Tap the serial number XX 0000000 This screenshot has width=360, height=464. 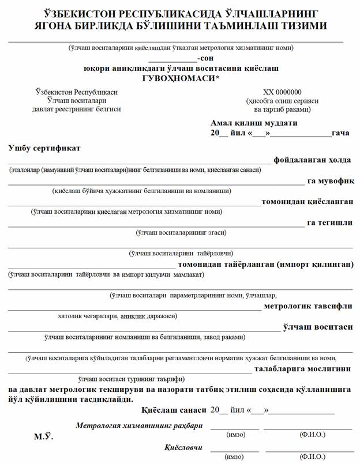tap(282, 92)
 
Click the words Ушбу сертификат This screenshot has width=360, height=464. tap(44, 148)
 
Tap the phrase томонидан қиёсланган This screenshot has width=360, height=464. tap(307, 202)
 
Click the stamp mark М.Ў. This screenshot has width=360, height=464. tap(44, 437)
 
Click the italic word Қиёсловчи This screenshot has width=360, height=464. tap(183, 447)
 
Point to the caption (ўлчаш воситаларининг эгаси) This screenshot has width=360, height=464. tap(181, 233)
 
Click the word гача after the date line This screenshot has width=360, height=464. tap(340, 133)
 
